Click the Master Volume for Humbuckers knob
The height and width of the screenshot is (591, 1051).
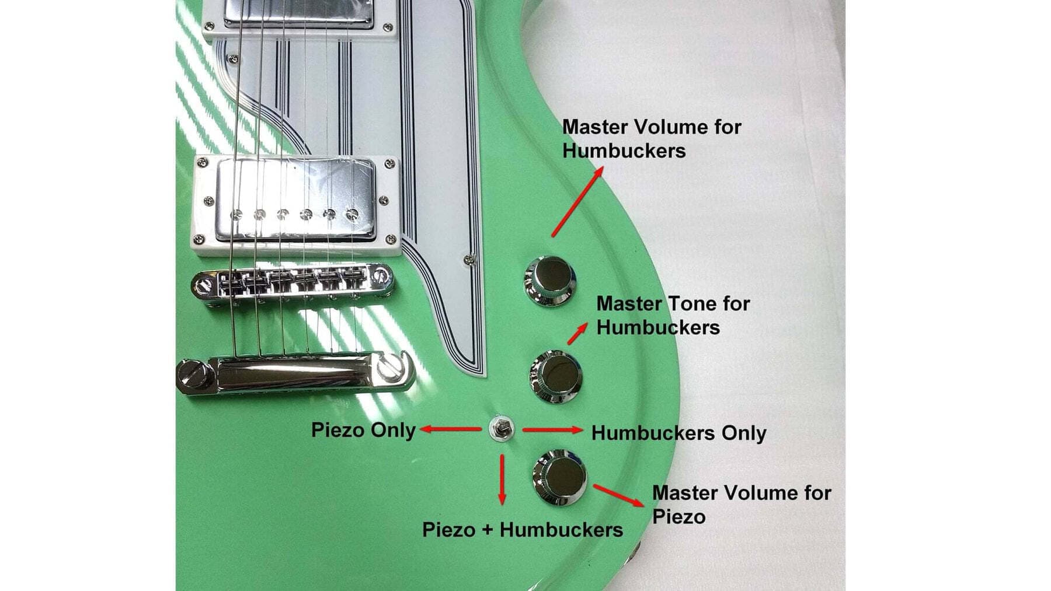pos(551,282)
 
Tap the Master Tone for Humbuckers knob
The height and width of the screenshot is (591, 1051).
pos(555,377)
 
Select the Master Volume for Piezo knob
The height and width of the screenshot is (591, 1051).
pos(559,477)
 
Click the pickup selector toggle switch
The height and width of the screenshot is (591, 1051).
pos(502,429)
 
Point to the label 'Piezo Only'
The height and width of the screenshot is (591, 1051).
pos(363,430)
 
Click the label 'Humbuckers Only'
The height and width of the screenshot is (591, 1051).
pos(678,433)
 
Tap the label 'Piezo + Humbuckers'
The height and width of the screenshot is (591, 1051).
pos(522,530)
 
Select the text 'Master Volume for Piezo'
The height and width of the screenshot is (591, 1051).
pos(742,504)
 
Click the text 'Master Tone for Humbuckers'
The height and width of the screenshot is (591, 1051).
pos(673,315)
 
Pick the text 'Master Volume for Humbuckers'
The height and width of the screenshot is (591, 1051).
pos(652,138)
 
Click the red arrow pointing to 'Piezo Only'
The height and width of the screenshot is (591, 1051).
pos(451,429)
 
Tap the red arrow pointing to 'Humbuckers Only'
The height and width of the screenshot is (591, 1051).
pos(552,430)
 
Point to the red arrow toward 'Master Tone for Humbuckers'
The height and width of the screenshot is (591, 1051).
pos(577,333)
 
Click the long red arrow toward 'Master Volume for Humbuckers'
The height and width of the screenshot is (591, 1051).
pos(577,202)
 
